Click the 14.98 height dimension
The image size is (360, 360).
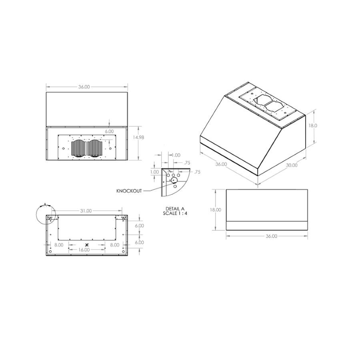(138, 137)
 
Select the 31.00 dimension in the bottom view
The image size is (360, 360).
(86, 211)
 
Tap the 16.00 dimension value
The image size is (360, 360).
(84, 250)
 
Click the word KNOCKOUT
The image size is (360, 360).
(129, 191)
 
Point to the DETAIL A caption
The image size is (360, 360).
(175, 209)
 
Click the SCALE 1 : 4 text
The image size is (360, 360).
(175, 213)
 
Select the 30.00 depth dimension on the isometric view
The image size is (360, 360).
(292, 165)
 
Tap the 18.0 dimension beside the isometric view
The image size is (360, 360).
(313, 126)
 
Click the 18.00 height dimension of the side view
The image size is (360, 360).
(215, 210)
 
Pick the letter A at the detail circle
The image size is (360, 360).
(45, 204)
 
